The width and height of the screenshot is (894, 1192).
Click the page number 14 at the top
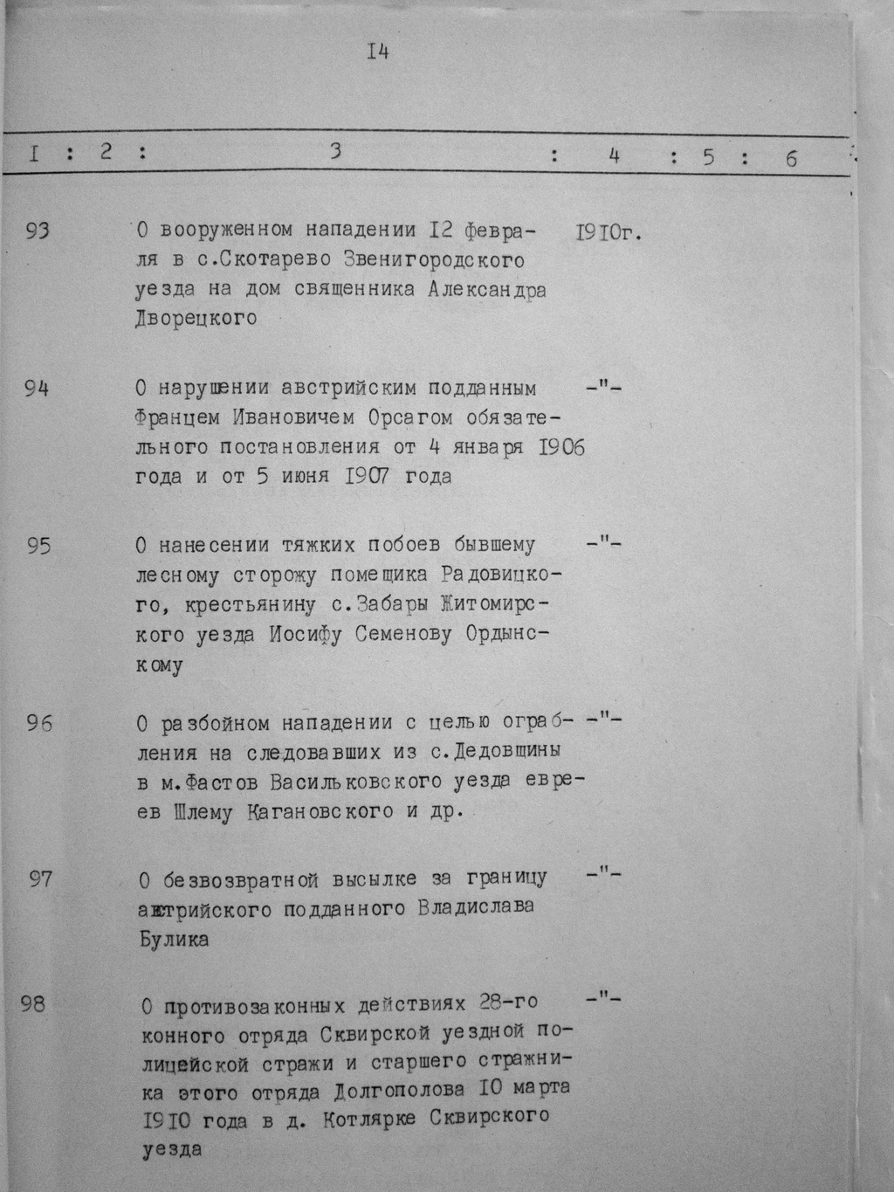377,52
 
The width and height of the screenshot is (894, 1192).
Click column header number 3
334,151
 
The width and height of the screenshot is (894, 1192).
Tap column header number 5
707,157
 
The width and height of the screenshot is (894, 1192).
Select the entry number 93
38,231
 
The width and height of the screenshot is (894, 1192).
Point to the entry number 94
37,389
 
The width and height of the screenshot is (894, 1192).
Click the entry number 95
38,547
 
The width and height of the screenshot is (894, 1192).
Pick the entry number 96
39,724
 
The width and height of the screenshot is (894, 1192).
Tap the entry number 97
41,878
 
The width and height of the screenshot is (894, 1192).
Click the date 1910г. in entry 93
609,233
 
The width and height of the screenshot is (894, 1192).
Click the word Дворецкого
196,319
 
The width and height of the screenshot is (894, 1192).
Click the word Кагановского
315,812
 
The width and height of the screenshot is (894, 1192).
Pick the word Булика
175,941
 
